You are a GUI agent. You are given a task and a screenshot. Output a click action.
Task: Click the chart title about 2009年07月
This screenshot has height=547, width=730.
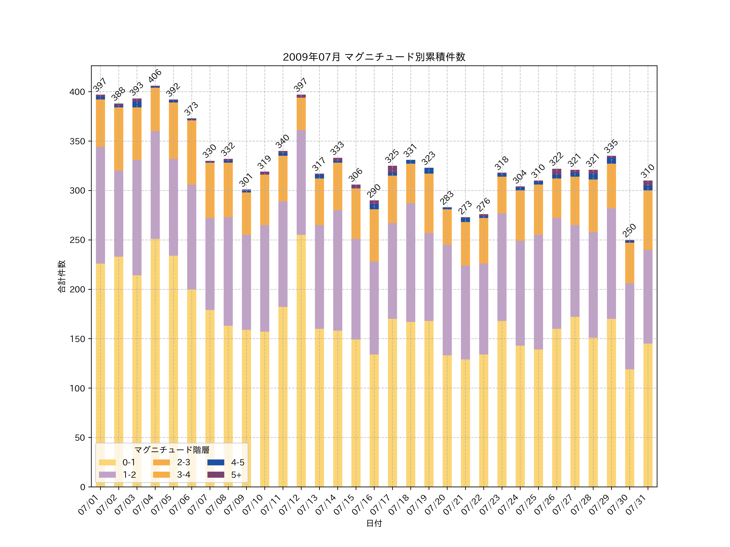pos(374,57)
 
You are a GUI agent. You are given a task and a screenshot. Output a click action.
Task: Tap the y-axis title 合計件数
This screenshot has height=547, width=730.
pos(62,276)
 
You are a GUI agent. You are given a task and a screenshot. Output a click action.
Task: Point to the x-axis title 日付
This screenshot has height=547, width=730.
pos(374,523)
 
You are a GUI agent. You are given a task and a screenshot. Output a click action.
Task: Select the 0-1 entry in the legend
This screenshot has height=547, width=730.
pos(117,462)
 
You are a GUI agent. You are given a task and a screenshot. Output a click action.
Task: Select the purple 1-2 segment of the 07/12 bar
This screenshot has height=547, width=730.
pos(301,182)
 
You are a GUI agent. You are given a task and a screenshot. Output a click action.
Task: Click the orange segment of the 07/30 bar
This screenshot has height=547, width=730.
pos(629,263)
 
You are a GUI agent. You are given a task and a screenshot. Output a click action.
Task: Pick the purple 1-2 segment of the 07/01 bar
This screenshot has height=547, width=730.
pos(101,205)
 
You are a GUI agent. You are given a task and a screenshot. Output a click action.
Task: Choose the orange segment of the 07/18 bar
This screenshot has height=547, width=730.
pos(411,183)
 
